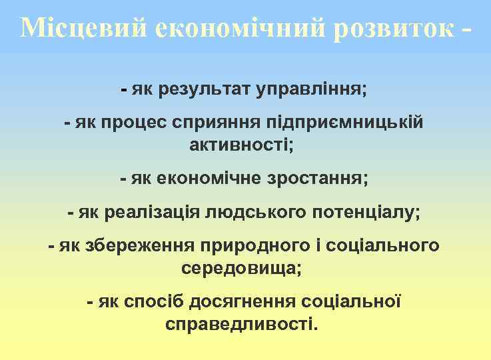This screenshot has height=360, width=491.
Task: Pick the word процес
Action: click(135, 123)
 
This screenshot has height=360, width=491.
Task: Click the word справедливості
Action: click(244, 325)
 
